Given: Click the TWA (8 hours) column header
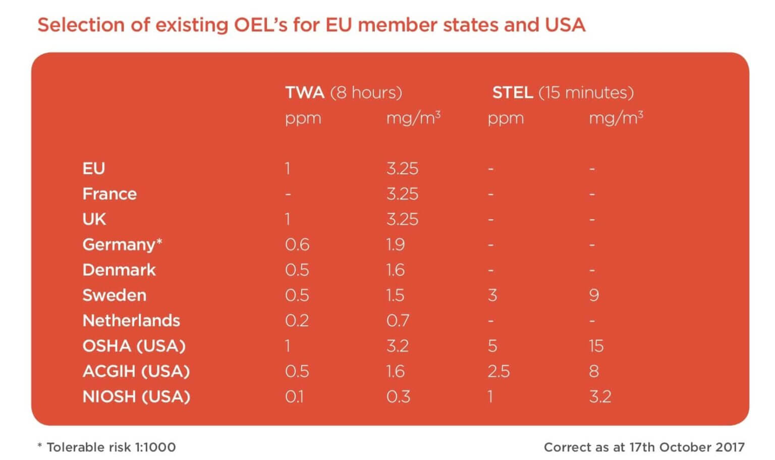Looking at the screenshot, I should (343, 92).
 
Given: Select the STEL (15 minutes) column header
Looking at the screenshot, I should (563, 92).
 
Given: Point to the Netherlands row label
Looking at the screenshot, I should (131, 321).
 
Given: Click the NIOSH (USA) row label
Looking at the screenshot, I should (136, 396).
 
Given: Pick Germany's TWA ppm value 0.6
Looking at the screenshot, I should (297, 244).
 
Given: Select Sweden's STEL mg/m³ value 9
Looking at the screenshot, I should (594, 295).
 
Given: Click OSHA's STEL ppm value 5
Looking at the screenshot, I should (492, 346).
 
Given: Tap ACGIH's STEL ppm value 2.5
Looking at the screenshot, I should (499, 371).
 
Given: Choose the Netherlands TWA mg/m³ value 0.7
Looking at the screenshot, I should (398, 321).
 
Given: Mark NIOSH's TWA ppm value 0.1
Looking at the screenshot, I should (295, 396).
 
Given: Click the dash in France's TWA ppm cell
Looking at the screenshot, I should (288, 194).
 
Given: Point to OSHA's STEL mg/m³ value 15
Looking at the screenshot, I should (596, 346).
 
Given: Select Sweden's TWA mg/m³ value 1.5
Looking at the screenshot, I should (395, 295).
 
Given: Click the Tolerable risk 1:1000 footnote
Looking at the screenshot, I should (107, 447).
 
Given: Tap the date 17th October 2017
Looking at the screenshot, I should (687, 447).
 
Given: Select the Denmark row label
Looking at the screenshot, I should (119, 270).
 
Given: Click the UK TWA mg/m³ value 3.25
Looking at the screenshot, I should (402, 219).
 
